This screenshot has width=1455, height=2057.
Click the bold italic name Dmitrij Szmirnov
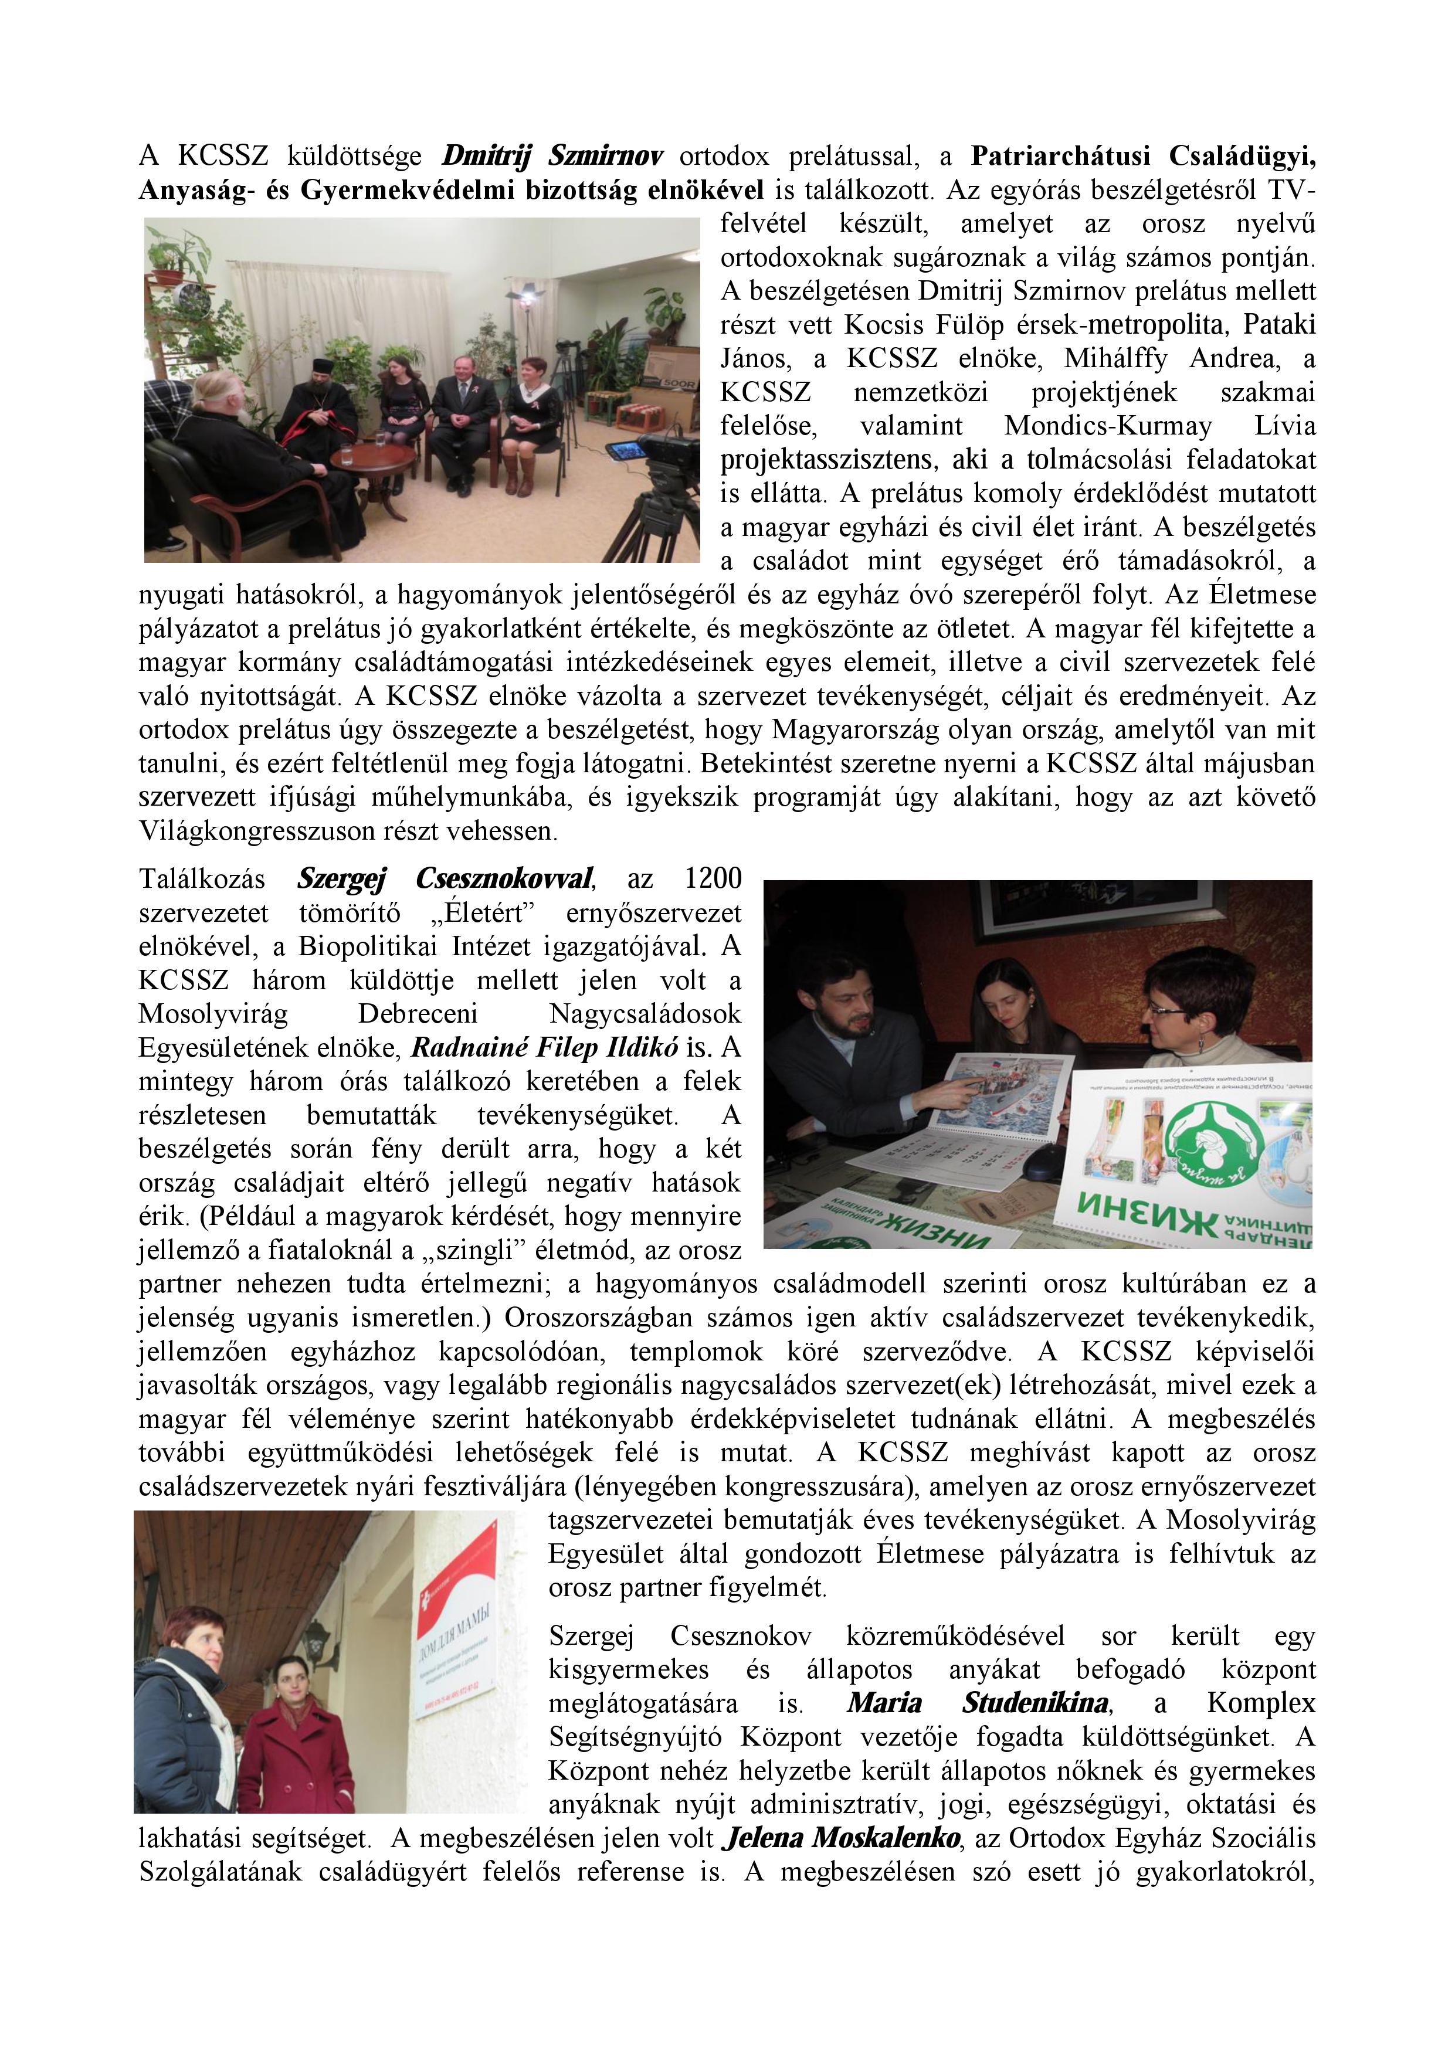click(x=552, y=156)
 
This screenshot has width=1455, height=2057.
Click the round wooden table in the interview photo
click(x=372, y=459)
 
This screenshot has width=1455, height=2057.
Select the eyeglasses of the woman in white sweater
click(x=1168, y=1010)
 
